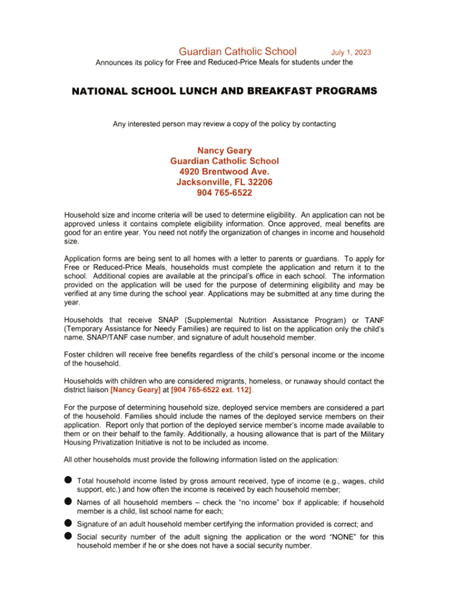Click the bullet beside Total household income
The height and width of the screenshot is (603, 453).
pos(68,482)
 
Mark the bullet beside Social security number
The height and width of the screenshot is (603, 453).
pos(68,536)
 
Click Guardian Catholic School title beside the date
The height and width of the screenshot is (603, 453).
pos(237,51)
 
